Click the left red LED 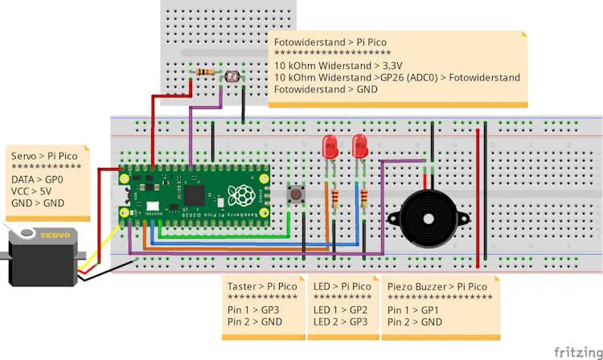pos(329,146)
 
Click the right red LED pos(359,146)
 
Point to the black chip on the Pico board pos(195,194)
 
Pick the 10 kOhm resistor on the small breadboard pos(205,73)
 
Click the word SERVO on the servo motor pos(55,235)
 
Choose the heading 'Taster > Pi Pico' pos(263,286)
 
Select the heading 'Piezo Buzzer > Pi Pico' pos(437,286)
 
